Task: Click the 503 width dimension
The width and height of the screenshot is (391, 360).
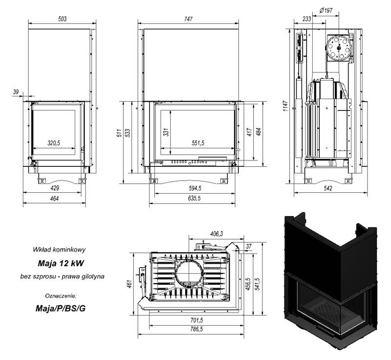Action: [x=62, y=19]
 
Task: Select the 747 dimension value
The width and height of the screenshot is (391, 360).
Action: [x=188, y=19]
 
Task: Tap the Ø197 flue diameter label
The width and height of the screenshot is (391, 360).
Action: [x=326, y=10]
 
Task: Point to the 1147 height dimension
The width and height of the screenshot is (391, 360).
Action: [x=286, y=106]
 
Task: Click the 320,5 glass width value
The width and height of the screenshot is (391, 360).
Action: [x=54, y=143]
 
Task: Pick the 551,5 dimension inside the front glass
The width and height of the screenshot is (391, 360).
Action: [x=198, y=143]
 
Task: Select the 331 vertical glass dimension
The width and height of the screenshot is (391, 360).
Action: [x=166, y=132]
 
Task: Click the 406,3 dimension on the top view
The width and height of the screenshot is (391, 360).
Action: [x=217, y=234]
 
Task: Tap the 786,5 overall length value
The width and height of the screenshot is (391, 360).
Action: [x=196, y=329]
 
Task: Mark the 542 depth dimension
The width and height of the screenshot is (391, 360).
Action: [x=328, y=188]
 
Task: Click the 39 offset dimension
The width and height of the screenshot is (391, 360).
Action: [x=16, y=92]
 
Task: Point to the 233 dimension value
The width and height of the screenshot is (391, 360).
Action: [x=307, y=19]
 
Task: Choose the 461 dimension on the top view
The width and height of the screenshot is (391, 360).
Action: [x=129, y=284]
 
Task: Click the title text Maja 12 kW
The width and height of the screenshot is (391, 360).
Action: [x=61, y=263]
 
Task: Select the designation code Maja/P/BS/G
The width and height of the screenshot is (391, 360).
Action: [x=61, y=308]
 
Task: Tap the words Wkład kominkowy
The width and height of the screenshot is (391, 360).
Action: [x=59, y=249]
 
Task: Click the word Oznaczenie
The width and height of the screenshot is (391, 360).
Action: [x=61, y=296]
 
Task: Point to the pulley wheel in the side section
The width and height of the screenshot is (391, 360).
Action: [x=339, y=47]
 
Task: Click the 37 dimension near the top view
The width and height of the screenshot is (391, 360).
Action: [x=248, y=247]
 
